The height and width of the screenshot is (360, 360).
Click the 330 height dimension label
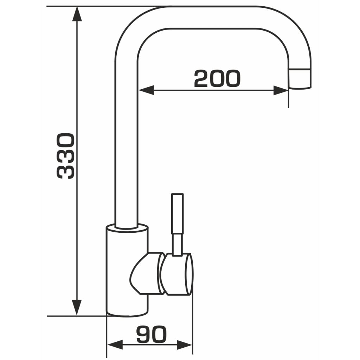pyautogui.click(x=66, y=156)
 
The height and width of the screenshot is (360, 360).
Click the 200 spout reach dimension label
pyautogui.click(x=217, y=78)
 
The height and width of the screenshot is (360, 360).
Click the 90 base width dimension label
pyautogui.click(x=151, y=334)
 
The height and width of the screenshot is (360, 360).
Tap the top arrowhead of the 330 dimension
pyautogui.click(x=77, y=14)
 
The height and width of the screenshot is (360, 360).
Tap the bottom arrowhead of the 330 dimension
pyautogui.click(x=77, y=308)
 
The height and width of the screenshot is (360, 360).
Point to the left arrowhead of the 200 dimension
pyautogui.click(x=146, y=90)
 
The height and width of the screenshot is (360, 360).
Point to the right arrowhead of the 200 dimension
pyautogui.click(x=281, y=90)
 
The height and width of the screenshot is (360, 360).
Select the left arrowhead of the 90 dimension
pyautogui.click(x=115, y=345)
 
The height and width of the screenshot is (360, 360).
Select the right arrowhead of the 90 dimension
pyautogui.click(x=184, y=345)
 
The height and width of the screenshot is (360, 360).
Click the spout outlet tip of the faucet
pyautogui.click(x=300, y=78)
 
